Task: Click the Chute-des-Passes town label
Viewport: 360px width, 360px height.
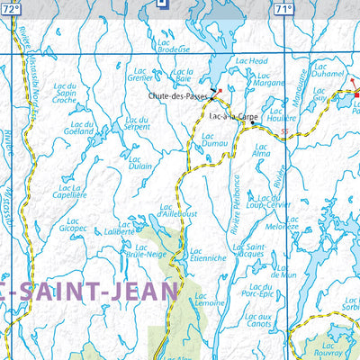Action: pos(178,95)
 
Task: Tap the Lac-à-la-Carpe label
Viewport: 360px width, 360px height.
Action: pos(232,117)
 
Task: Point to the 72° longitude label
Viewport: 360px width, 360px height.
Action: pos(11,8)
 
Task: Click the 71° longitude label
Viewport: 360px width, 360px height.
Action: pos(283,8)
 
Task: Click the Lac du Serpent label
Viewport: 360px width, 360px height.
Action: pos(138,123)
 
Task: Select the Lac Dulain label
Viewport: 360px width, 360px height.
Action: pos(139,162)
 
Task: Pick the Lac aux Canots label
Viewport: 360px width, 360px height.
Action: pos(258,321)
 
